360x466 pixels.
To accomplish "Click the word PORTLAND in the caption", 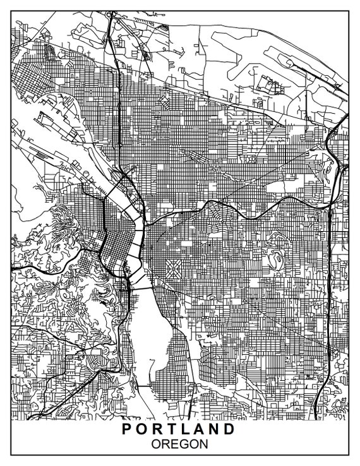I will tap(179, 429).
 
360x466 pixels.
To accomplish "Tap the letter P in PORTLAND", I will tap(126, 429).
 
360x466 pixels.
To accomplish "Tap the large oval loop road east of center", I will tap(275, 259).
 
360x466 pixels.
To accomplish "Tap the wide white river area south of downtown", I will tap(150, 341).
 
